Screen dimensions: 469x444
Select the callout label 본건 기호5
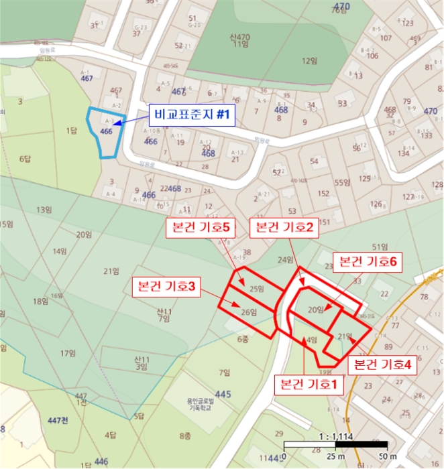coord(198,228)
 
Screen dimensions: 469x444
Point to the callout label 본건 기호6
coord(367,261)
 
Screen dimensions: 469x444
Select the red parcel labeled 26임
coord(247,312)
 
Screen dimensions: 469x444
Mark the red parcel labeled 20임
coord(316,310)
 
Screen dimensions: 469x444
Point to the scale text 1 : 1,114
coord(335,436)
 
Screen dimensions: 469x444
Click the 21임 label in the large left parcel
coord(112,271)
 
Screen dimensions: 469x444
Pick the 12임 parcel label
coord(309,61)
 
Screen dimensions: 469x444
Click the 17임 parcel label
coord(67,353)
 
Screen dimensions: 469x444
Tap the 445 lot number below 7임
coord(223,394)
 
